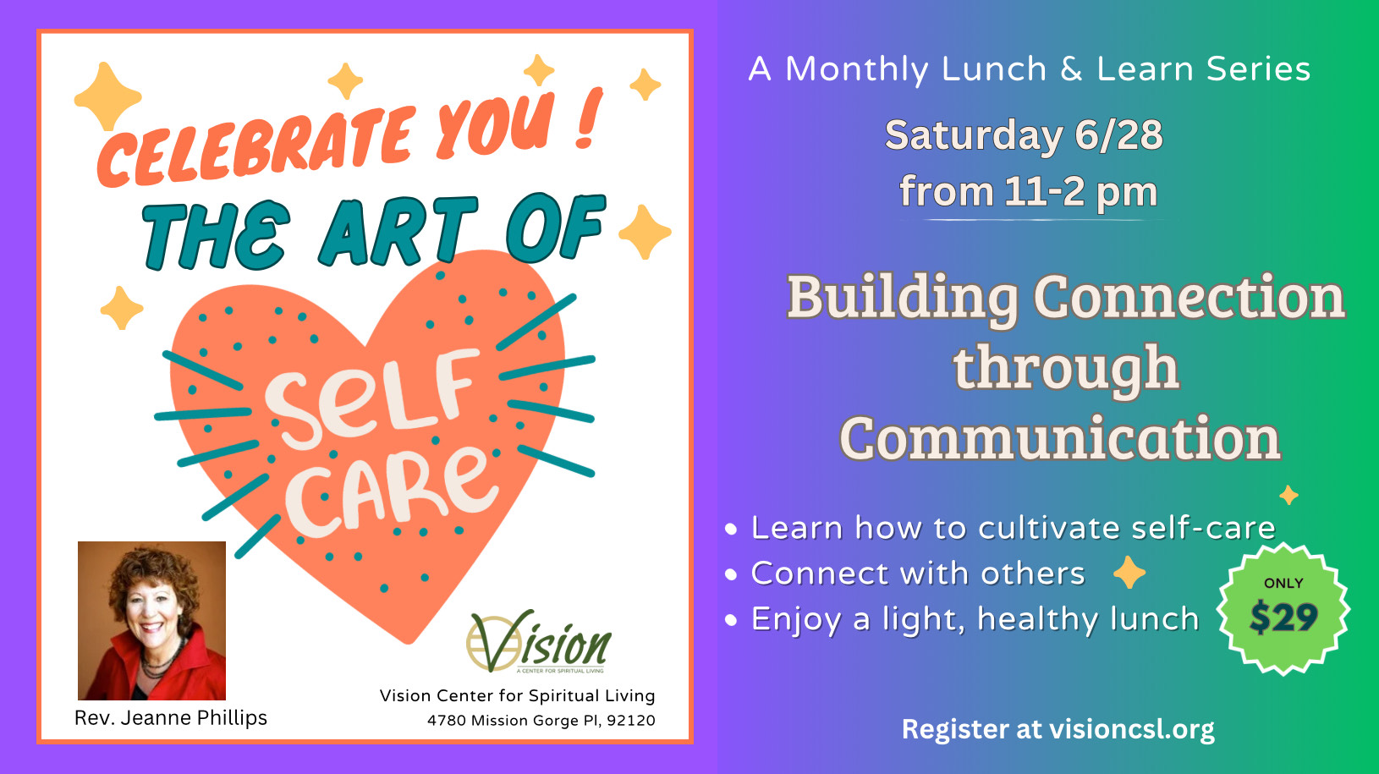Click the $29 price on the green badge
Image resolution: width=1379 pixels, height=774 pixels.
click(1283, 617)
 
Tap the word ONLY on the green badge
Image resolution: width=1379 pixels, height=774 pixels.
click(1283, 583)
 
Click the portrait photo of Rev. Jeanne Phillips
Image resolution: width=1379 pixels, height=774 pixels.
click(151, 621)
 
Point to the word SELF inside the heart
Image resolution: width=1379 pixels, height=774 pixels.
click(371, 398)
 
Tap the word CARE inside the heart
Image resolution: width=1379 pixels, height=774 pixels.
click(392, 491)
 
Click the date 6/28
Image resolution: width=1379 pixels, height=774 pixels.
click(1118, 134)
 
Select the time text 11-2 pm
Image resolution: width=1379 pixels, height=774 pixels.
click(1080, 191)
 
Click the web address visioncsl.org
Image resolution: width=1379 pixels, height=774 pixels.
click(1131, 729)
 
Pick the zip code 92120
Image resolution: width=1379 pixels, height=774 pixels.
click(631, 721)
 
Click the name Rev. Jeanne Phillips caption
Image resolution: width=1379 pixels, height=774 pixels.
click(171, 718)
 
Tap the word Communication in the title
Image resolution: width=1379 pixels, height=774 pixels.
click(1060, 438)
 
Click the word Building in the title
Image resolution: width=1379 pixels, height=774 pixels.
click(903, 298)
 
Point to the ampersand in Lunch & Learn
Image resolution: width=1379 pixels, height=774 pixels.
click(1071, 69)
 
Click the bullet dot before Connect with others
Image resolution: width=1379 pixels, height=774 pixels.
click(731, 574)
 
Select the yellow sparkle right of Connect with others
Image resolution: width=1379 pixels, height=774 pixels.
click(1129, 572)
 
